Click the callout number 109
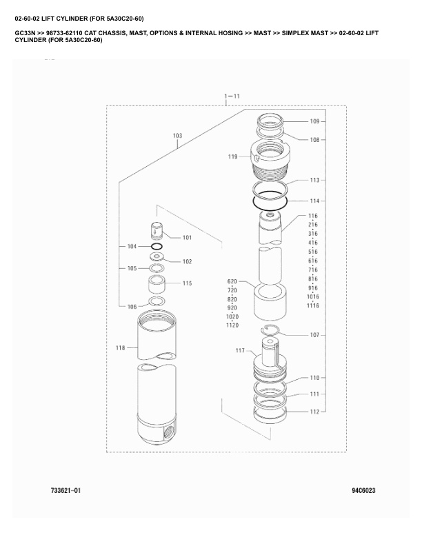pos(314,121)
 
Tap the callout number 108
pos(314,139)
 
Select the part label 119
pos(233,157)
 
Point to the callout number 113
pos(314,181)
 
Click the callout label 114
pos(314,201)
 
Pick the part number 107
pos(314,335)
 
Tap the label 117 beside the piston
pos(240,351)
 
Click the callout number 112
pos(314,412)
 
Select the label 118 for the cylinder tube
pos(121,348)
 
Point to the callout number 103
pos(177,136)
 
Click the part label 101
pos(187,238)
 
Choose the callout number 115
pos(187,283)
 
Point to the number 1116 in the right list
pos(312,305)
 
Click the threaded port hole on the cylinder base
pos(168,436)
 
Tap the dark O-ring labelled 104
pos(157,246)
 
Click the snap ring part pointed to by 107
pos(273,330)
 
